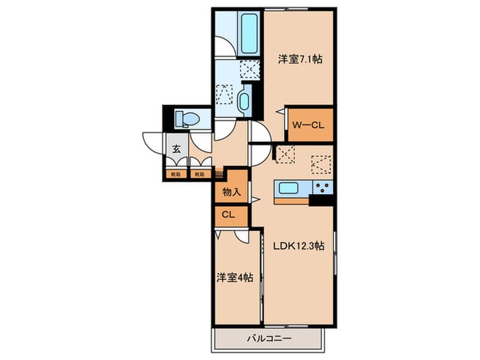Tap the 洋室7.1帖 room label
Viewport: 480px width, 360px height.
300,60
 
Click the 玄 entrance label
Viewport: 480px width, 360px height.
176,149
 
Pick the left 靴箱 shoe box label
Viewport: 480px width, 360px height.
176,174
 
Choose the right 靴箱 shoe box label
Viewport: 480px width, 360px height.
199,174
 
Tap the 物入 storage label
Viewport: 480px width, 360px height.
231,192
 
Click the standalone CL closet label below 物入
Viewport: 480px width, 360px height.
228,215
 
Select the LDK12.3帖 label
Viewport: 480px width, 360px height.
300,245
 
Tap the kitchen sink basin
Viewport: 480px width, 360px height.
287,188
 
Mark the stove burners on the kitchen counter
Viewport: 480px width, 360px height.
322,188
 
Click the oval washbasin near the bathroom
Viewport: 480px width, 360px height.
245,101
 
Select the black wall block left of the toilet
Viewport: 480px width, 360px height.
165,119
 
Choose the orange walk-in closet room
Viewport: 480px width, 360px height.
309,125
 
